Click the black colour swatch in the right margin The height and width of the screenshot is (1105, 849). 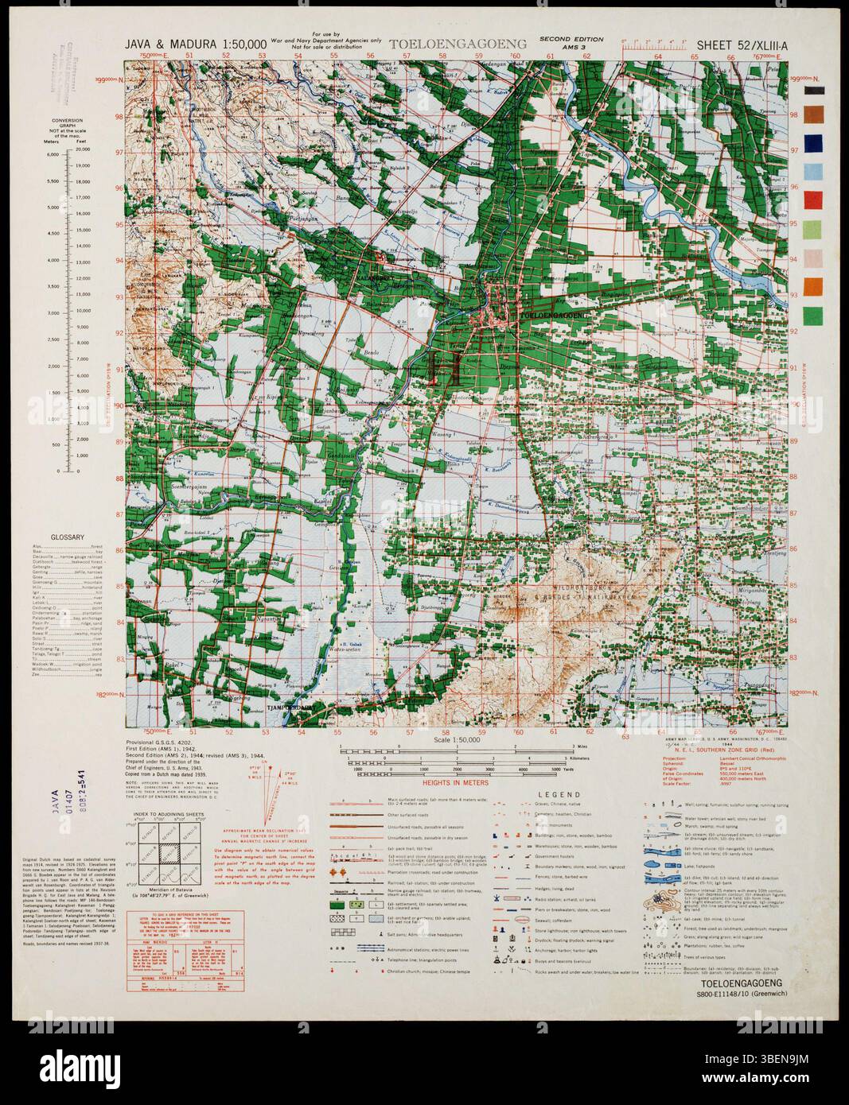[813, 91]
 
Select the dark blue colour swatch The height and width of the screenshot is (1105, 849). [813, 143]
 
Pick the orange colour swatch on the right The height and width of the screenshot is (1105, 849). [813, 285]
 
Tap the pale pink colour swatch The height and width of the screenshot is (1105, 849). [813, 258]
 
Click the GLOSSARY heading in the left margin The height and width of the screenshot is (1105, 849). [68, 538]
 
